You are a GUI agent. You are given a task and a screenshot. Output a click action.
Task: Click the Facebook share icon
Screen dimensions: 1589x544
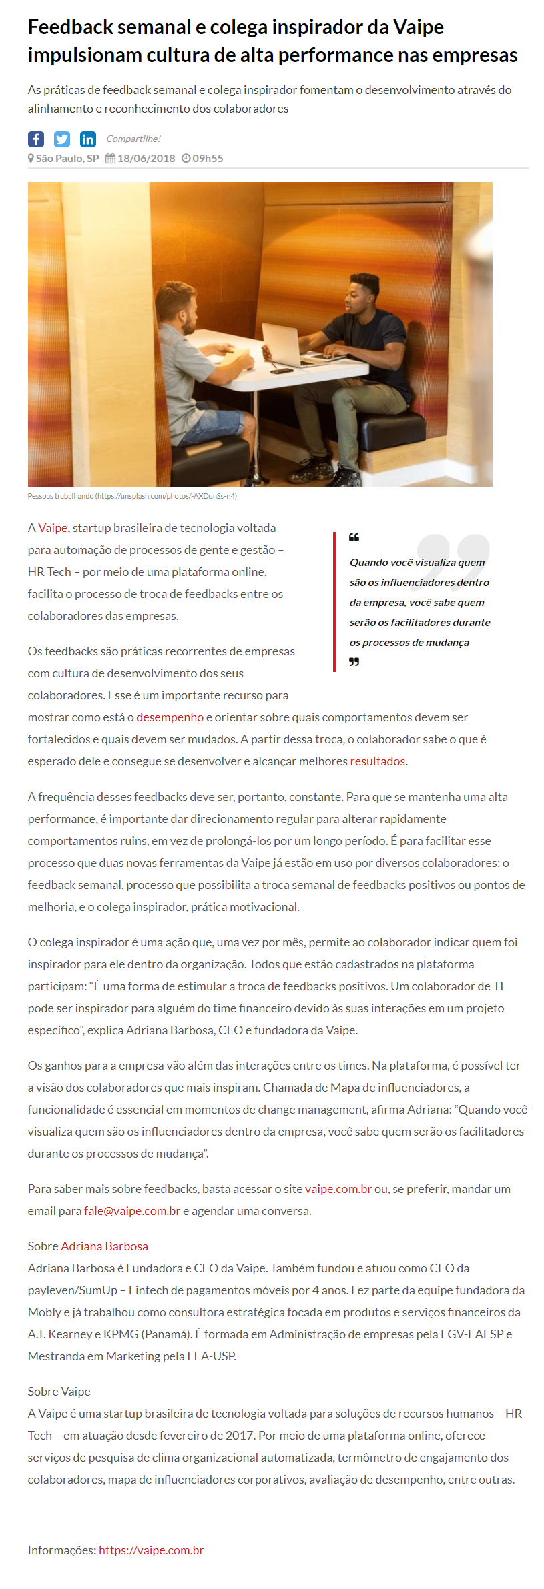pyautogui.click(x=36, y=139)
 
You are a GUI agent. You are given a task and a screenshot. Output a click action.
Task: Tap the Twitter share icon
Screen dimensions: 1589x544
pyautogui.click(x=62, y=139)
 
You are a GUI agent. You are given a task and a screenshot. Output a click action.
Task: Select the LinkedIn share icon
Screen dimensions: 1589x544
pyautogui.click(x=88, y=139)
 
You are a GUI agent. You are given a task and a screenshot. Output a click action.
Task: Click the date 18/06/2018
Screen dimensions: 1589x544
pyautogui.click(x=146, y=159)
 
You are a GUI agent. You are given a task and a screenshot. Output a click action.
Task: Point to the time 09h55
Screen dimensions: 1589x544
pyautogui.click(x=208, y=159)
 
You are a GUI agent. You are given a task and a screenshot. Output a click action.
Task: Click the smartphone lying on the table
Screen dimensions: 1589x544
pyautogui.click(x=281, y=370)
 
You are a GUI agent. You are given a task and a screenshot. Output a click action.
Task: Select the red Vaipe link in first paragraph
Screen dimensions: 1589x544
pyautogui.click(x=53, y=528)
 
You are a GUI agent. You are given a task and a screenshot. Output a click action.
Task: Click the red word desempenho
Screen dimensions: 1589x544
pyautogui.click(x=170, y=717)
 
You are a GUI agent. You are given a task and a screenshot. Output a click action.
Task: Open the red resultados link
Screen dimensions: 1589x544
pyautogui.click(x=378, y=761)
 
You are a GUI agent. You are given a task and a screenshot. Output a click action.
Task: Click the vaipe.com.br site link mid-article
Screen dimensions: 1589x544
pyautogui.click(x=338, y=1189)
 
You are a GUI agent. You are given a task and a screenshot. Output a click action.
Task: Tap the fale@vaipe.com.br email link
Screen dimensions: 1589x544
pyautogui.click(x=132, y=1211)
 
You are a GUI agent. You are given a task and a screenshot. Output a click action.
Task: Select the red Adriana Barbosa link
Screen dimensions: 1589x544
pyautogui.click(x=105, y=1246)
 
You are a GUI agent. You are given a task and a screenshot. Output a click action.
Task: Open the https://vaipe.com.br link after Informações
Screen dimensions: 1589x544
pyautogui.click(x=152, y=1550)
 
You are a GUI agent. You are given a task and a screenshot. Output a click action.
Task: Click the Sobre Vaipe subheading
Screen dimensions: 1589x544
pyautogui.click(x=59, y=1392)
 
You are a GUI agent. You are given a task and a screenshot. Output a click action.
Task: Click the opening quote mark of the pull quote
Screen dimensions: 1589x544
pyautogui.click(x=354, y=537)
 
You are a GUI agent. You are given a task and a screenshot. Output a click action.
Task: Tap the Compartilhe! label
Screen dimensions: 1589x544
pyautogui.click(x=133, y=139)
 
